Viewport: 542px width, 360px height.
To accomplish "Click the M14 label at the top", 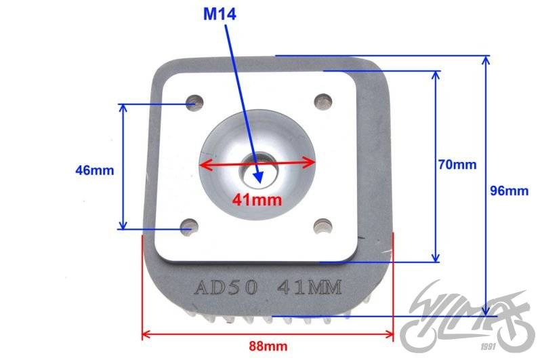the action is coord(220,14).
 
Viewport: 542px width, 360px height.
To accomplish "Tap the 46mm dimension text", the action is coord(95,170).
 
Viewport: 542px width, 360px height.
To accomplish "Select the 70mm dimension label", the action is coord(457,165).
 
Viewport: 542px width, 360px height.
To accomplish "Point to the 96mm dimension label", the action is coord(509,191).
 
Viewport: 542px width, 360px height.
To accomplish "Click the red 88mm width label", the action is coord(268,346).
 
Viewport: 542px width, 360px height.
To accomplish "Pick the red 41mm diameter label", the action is coord(257,200).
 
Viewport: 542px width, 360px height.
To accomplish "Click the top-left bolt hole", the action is coord(194,102).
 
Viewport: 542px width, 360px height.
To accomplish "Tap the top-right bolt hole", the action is coord(323,102).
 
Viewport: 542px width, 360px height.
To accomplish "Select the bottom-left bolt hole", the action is coord(190,228).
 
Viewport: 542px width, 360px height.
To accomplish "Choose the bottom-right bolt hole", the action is coord(323,226).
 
